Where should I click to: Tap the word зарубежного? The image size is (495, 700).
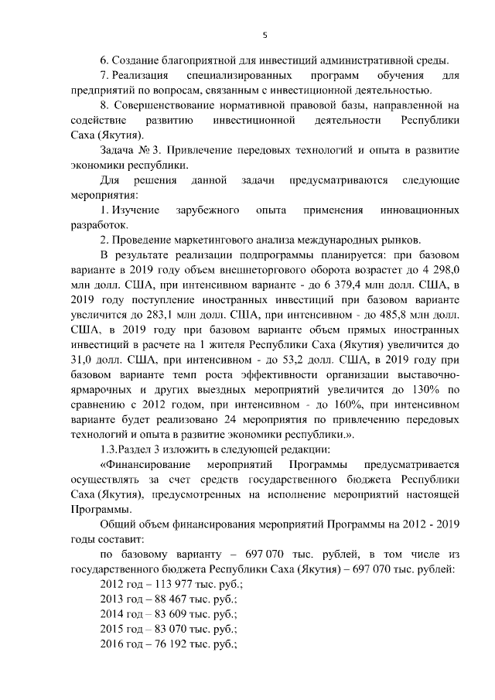tap(207, 210)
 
